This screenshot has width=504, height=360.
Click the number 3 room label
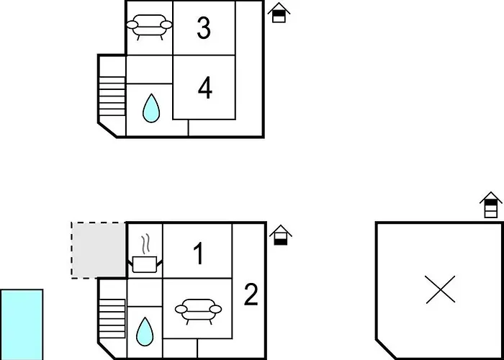pyautogui.click(x=204, y=28)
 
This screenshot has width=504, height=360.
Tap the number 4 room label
pyautogui.click(x=204, y=88)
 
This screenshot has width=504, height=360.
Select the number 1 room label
pyautogui.click(x=199, y=253)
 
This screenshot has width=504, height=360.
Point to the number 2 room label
pyautogui.click(x=251, y=294)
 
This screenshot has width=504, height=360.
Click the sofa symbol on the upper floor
pyautogui.click(x=149, y=27)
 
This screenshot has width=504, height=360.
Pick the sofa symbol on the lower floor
pyautogui.click(x=198, y=311)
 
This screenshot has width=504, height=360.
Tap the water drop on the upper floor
pyautogui.click(x=151, y=108)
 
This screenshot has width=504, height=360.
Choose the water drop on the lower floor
pyautogui.click(x=145, y=332)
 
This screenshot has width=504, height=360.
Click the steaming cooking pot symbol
pyautogui.click(x=145, y=255)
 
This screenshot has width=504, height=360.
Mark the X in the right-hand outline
pyautogui.click(x=441, y=289)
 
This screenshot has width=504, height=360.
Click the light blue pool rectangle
pyautogui.click(x=22, y=325)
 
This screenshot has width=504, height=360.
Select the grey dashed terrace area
pyautogui.click(x=99, y=250)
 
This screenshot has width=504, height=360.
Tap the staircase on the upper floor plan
pyautogui.click(x=112, y=96)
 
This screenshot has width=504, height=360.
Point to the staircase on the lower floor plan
pyautogui.click(x=112, y=318)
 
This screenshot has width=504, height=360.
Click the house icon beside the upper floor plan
pyautogui.click(x=279, y=12)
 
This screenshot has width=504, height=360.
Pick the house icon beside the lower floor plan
pyautogui.click(x=281, y=235)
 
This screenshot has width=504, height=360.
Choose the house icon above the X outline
pyautogui.click(x=491, y=204)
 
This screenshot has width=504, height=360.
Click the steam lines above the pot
pyautogui.click(x=145, y=246)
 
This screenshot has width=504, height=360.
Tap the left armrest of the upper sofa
pyautogui.click(x=132, y=24)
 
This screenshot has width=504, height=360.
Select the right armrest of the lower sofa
pyautogui.click(x=216, y=309)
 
